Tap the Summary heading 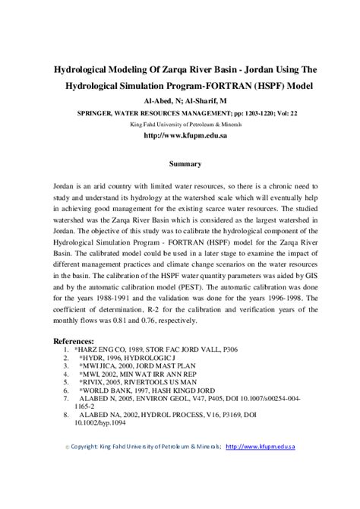185,163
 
